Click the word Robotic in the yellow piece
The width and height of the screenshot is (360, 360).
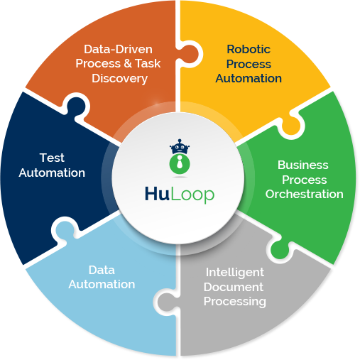tap(249, 49)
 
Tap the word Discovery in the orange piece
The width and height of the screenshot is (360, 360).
tap(120, 79)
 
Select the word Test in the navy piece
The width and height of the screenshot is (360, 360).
tap(52, 158)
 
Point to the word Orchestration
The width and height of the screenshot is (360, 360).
tap(305, 194)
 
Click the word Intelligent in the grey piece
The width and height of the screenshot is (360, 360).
tap(235, 273)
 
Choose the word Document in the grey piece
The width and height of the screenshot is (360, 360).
tap(234, 287)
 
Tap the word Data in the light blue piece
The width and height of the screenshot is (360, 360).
tap(102, 270)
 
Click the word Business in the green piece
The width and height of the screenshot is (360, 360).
tap(303, 165)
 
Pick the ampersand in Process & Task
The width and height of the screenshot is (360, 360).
tap(128, 63)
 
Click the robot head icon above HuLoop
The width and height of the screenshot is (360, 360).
tap(180, 147)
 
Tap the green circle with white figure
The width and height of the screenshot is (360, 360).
tap(180, 164)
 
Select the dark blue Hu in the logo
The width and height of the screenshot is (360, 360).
tap(157, 194)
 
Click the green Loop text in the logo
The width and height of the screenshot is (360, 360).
tap(192, 195)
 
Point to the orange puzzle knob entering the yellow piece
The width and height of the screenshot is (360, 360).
tap(190, 54)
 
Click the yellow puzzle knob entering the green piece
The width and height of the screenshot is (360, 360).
tap(290, 125)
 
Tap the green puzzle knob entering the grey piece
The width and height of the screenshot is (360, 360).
tap(280, 249)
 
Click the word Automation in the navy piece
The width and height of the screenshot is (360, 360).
tap(52, 173)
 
